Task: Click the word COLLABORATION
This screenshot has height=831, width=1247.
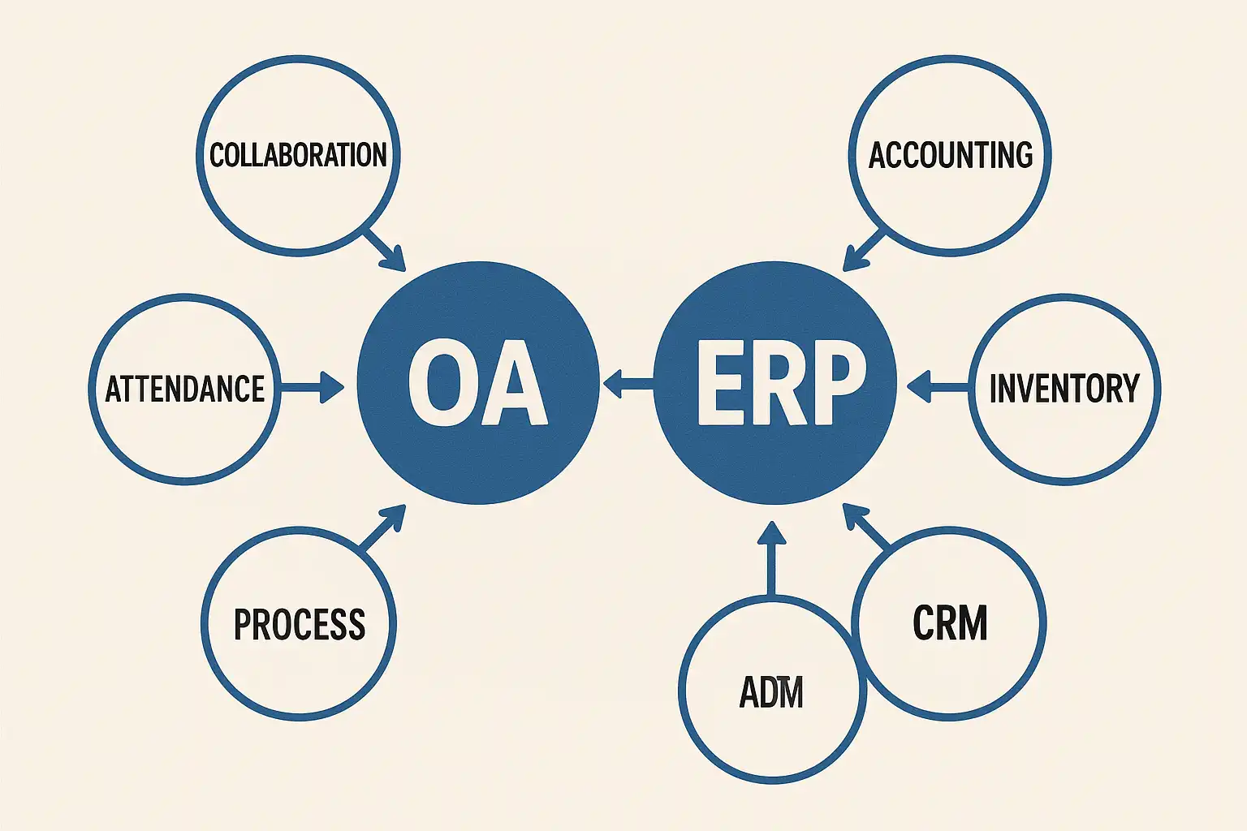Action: click(298, 154)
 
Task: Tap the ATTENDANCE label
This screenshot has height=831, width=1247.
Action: click(185, 389)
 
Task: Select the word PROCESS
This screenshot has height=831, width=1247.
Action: click(299, 624)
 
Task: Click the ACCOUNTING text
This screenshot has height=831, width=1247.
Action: click(950, 154)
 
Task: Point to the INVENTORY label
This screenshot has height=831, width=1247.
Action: click(1064, 389)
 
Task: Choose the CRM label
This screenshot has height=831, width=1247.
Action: click(950, 622)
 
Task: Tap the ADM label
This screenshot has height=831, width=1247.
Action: click(770, 692)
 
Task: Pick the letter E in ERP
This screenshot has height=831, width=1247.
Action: click(719, 382)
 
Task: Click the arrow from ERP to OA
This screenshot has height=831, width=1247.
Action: click(627, 383)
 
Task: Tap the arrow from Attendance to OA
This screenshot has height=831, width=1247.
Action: click(312, 387)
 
